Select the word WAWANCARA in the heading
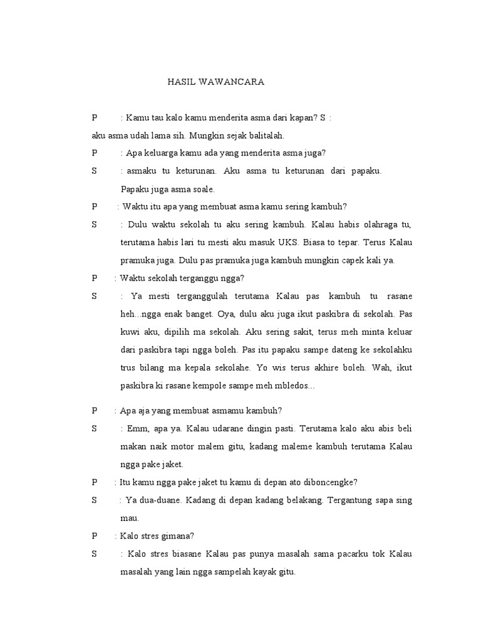233,82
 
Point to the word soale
203,188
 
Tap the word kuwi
131,331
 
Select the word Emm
139,429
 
